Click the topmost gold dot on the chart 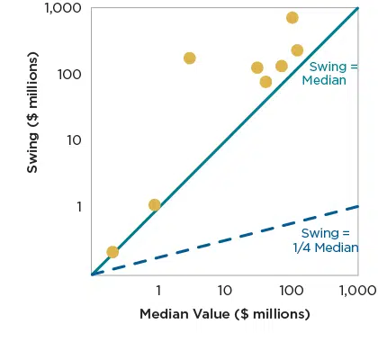[292, 18]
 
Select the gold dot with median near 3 [190, 58]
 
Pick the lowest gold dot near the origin [112, 252]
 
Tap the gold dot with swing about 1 [155, 205]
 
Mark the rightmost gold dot [297, 50]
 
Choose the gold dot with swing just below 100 [265, 82]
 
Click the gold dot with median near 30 [257, 67]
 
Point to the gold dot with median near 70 [282, 66]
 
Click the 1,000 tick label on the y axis [63, 8]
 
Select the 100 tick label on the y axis [69, 74]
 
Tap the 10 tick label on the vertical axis [74, 140]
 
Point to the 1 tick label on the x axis [158, 291]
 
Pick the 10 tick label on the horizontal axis [225, 291]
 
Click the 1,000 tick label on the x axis [358, 291]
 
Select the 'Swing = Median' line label [330, 74]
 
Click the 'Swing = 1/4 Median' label [326, 240]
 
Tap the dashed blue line [225, 240]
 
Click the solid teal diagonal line [225, 141]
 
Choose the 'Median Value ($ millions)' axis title [225, 314]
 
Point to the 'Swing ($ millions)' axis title [32, 112]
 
